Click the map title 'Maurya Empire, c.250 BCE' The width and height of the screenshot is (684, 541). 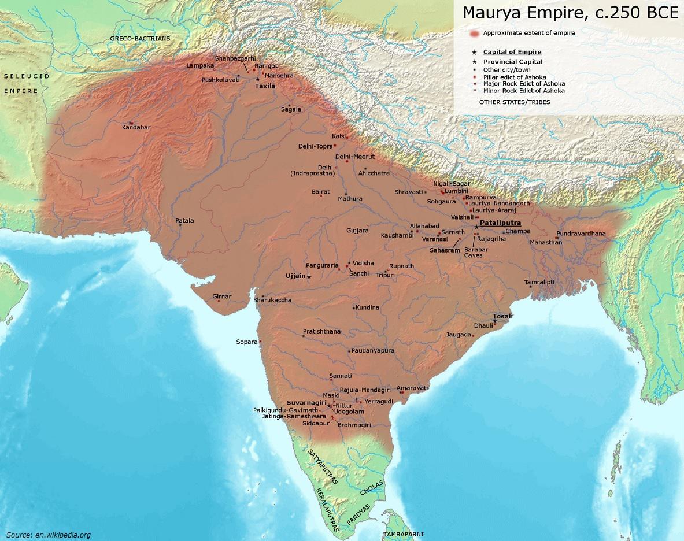(x=569, y=13)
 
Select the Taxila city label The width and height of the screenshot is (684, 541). (x=265, y=86)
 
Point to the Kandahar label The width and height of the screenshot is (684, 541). (x=136, y=127)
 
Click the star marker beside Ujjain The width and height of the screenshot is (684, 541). (x=309, y=277)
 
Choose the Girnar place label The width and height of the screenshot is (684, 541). (x=221, y=297)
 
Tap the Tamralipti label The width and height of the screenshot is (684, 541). (x=539, y=282)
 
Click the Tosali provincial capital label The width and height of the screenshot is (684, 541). (x=502, y=316)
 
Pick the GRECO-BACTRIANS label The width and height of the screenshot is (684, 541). (x=141, y=39)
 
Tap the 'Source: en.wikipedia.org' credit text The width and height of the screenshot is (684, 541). (x=49, y=535)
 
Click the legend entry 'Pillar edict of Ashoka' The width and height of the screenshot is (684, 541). (x=515, y=77)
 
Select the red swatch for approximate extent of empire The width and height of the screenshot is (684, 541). (x=474, y=34)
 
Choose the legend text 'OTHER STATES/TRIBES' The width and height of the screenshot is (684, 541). (x=514, y=102)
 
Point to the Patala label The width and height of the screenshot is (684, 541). (x=185, y=221)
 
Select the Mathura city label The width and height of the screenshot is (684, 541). (x=350, y=199)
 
